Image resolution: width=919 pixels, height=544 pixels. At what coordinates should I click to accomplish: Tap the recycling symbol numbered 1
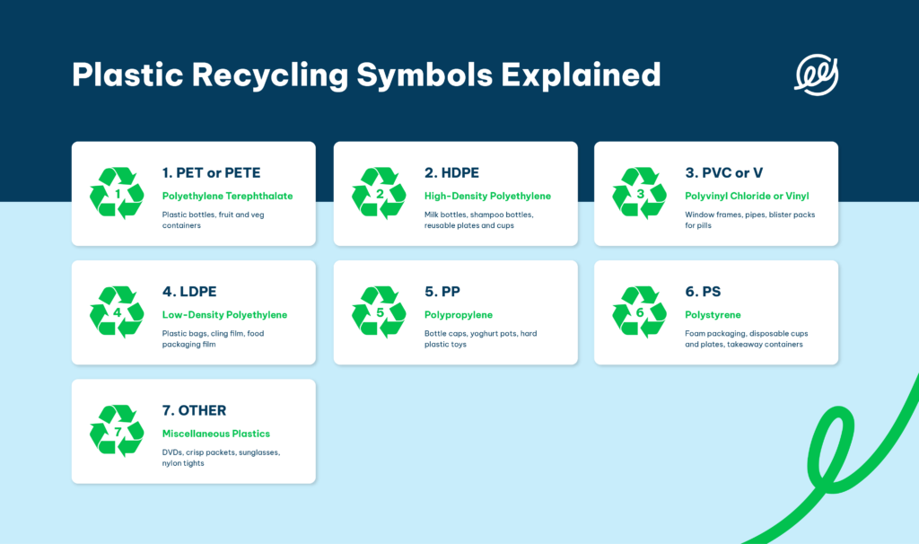117,194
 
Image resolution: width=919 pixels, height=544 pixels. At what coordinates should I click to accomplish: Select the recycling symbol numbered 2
379,194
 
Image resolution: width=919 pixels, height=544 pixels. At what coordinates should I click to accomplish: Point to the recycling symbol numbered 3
640,194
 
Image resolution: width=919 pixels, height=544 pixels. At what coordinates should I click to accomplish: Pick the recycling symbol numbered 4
117,312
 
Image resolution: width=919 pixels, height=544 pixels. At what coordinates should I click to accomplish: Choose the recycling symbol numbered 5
379,312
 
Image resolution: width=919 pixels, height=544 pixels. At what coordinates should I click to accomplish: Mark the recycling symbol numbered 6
640,312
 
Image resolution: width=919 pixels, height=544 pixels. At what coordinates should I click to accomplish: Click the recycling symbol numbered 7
117,431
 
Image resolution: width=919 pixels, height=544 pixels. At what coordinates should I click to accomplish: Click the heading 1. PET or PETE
212,172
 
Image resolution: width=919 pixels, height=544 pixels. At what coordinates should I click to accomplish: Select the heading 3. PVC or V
724,172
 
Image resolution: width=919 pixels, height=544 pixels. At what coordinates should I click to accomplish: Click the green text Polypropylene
459,315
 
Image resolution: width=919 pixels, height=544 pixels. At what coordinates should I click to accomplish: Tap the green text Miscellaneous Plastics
216,434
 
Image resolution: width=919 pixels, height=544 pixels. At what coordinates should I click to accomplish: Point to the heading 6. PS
703,292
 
